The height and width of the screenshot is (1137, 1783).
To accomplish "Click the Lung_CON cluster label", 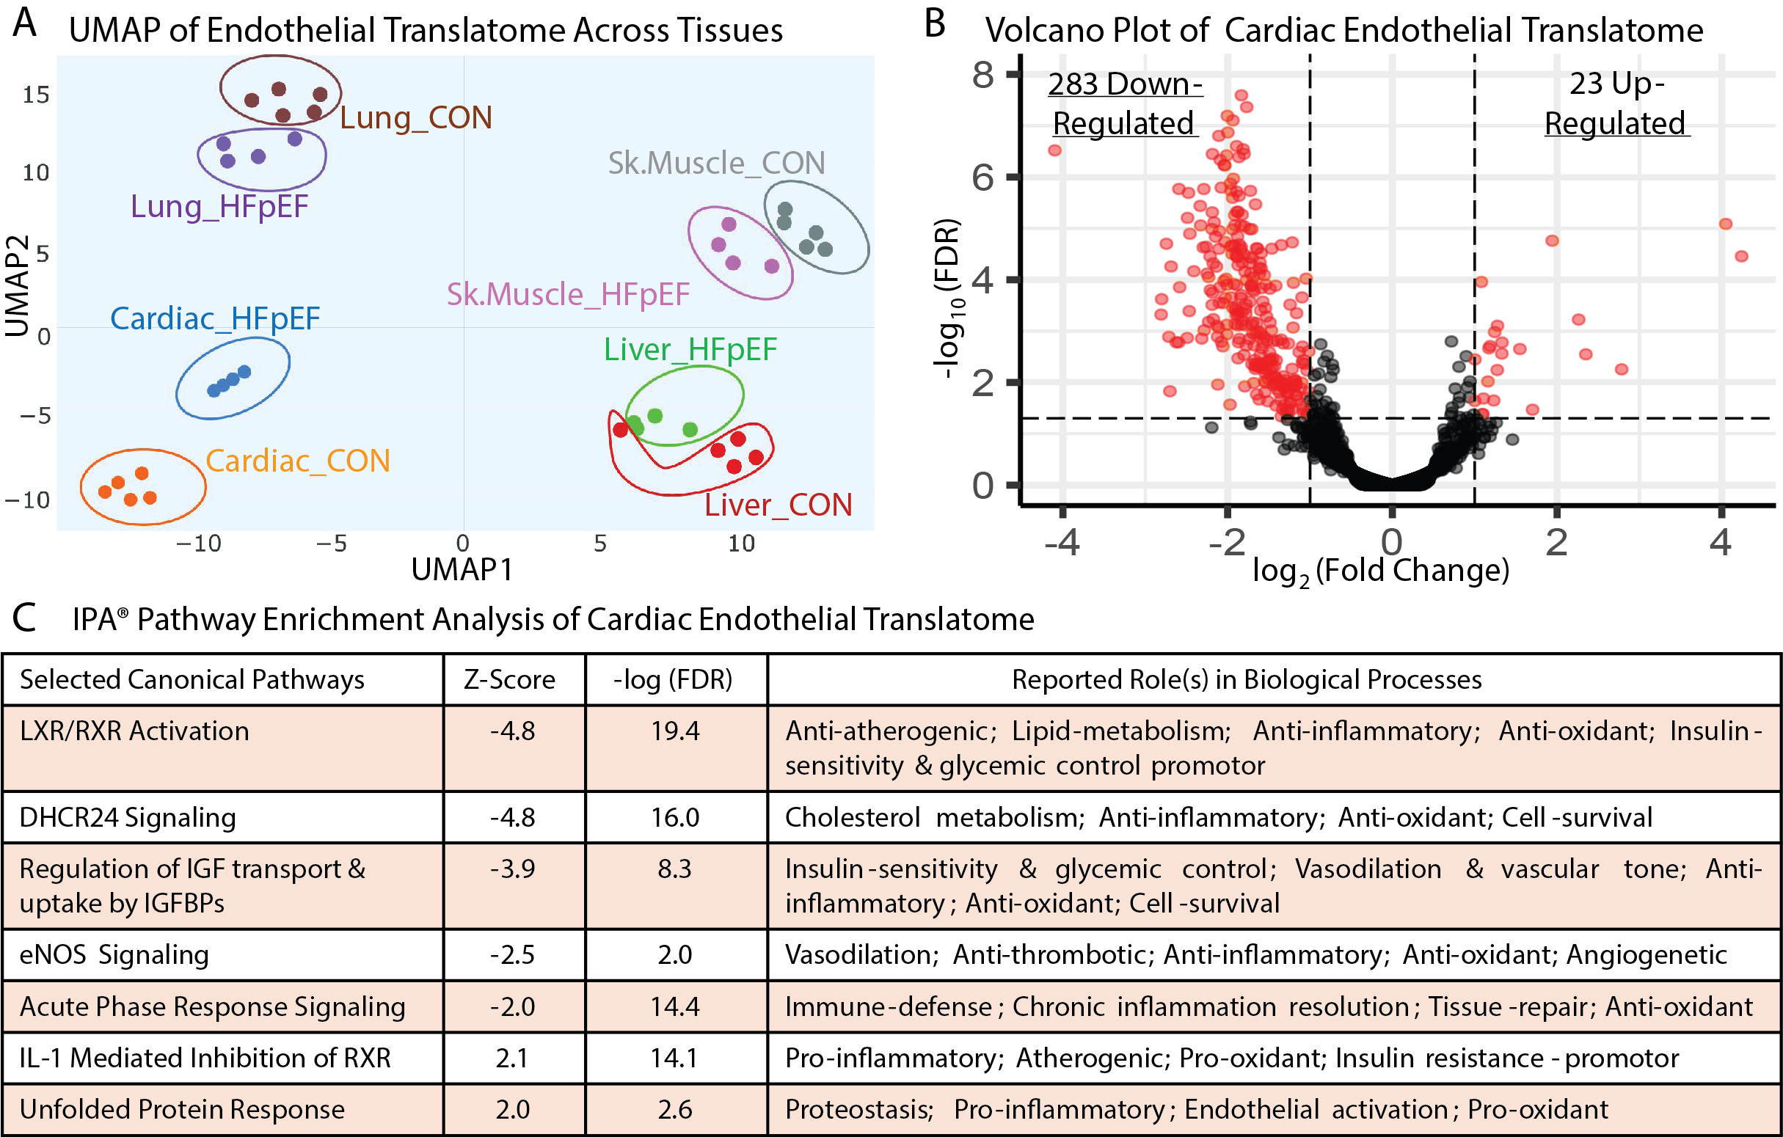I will pyautogui.click(x=416, y=117).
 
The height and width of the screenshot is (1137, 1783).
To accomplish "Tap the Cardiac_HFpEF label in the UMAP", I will pyautogui.click(x=215, y=318).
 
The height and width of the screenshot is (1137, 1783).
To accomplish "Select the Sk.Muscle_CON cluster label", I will pyautogui.click(x=716, y=163).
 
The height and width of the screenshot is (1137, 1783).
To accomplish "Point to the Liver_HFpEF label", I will pyautogui.click(x=690, y=349).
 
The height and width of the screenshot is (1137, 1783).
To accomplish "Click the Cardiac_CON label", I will pyautogui.click(x=298, y=461).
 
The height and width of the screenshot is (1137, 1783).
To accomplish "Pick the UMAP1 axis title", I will pyautogui.click(x=462, y=569).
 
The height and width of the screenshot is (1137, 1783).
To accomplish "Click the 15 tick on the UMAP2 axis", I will pyautogui.click(x=35, y=95).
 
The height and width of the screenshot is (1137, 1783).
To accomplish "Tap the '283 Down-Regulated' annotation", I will pyautogui.click(x=1124, y=103).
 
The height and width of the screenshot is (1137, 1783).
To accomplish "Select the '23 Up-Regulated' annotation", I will pyautogui.click(x=1616, y=103).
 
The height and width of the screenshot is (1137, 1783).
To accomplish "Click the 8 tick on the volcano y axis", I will pyautogui.click(x=983, y=74).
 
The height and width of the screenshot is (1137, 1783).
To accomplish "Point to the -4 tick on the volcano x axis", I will pyautogui.click(x=1062, y=543).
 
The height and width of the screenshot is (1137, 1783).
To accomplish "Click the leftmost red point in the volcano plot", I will pyautogui.click(x=1054, y=150).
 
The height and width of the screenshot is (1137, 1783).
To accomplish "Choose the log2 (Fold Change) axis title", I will pyautogui.click(x=1380, y=571).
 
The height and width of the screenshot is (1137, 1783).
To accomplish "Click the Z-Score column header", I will pyautogui.click(x=509, y=679).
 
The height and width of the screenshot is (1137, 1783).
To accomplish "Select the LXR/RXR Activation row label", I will pyautogui.click(x=134, y=731).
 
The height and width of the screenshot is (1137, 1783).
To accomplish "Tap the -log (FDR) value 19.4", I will pyautogui.click(x=675, y=731).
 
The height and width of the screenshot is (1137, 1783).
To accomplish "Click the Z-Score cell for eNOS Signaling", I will pyautogui.click(x=512, y=955).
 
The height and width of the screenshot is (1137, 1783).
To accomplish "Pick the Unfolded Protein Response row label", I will pyautogui.click(x=182, y=1110).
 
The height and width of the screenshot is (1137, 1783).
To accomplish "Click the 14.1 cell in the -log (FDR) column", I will pyautogui.click(x=674, y=1058).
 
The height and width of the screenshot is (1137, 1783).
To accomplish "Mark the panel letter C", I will pyautogui.click(x=24, y=618).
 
